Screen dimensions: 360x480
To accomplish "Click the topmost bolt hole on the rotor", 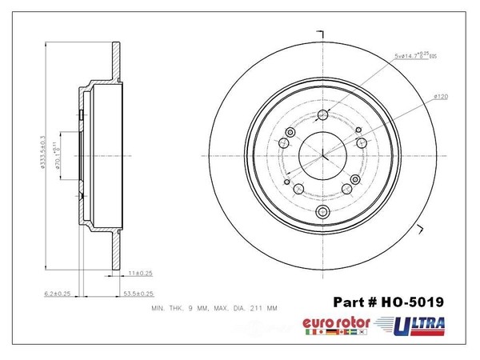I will pos(323,113).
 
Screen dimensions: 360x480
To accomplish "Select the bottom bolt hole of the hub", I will pos(323,211).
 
